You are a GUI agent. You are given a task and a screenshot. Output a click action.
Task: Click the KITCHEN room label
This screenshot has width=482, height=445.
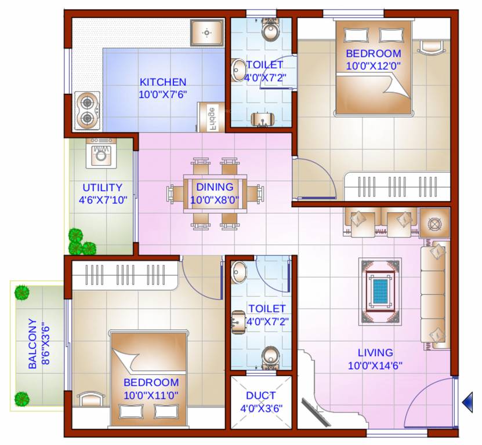163,82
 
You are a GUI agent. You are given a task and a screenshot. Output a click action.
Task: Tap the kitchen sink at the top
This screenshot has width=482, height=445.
206,32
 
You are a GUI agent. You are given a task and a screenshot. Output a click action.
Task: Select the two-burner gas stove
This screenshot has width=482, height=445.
88,110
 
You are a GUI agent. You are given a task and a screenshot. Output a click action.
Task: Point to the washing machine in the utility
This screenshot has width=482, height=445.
101,153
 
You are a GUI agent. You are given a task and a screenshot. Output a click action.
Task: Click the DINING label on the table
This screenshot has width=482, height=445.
215,187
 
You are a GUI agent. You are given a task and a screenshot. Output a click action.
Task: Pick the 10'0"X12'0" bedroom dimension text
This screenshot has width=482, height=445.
374,65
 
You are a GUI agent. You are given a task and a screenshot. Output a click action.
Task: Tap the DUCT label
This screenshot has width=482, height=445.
261,395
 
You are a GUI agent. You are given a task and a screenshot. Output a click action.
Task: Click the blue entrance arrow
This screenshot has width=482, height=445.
467,402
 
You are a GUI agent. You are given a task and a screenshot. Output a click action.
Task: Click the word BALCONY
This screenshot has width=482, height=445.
32,344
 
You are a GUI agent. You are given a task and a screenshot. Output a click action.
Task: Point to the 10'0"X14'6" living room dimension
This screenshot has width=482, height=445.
375,366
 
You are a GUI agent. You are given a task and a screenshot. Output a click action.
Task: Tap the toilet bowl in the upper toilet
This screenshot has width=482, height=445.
270,30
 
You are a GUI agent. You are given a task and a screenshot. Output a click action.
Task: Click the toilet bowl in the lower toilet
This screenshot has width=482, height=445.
270,358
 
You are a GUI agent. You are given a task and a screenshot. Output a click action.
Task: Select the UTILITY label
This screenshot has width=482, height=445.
102,187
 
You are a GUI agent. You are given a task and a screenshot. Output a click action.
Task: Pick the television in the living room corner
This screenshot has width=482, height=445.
316,413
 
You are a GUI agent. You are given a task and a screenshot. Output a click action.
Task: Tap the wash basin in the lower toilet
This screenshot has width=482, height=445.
238,273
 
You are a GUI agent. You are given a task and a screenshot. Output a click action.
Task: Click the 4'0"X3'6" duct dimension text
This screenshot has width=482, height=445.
261,408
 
